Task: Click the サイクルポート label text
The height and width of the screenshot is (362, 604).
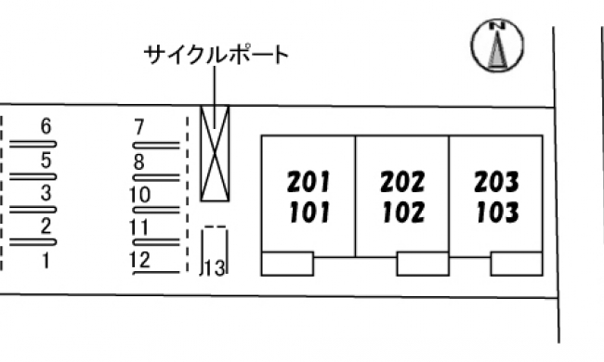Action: click(x=217, y=55)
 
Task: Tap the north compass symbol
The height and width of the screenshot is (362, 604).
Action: click(x=497, y=45)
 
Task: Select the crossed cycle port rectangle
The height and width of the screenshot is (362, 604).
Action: click(x=215, y=153)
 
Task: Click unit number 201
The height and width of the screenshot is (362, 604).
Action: click(x=309, y=182)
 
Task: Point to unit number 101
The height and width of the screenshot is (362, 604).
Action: click(x=309, y=213)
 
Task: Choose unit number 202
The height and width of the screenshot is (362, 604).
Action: click(x=402, y=182)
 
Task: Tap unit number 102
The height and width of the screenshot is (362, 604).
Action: click(x=403, y=213)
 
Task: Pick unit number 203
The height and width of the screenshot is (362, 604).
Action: click(x=496, y=182)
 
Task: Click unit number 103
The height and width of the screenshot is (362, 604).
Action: click(x=497, y=213)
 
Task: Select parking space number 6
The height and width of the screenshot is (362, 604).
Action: click(x=46, y=126)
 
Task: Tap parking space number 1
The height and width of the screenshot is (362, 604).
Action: click(x=46, y=261)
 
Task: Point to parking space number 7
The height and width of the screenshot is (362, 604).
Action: click(x=139, y=127)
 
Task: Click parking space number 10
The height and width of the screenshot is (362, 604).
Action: click(x=139, y=195)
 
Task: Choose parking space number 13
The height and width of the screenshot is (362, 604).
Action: click(x=215, y=268)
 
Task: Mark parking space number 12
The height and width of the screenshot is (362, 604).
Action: click(x=139, y=261)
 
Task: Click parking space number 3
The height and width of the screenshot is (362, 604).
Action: click(x=46, y=193)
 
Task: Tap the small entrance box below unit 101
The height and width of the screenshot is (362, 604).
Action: click(x=287, y=264)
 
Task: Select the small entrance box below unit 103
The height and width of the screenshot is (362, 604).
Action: click(x=517, y=264)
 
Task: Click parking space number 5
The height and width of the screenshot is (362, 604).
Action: click(x=46, y=160)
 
